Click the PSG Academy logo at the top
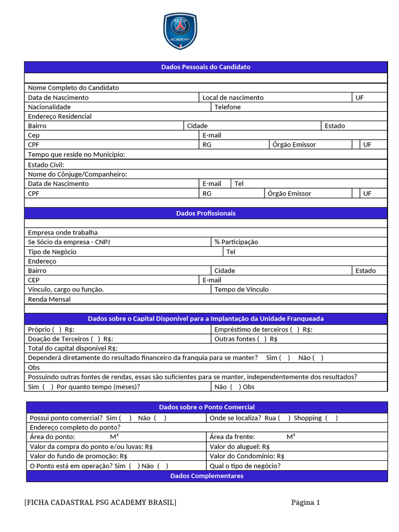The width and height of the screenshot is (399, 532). (180, 31)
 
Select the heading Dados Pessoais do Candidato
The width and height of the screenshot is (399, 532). (206, 67)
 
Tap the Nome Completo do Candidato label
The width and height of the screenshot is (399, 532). (73, 88)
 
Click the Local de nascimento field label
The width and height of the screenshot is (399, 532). (233, 98)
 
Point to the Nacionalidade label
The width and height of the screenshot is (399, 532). (49, 107)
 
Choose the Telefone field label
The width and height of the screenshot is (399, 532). (228, 107)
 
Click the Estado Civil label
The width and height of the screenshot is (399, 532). (46, 165)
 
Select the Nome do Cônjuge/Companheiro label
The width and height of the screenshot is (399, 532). (77, 175)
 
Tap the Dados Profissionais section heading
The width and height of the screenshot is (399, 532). (206, 214)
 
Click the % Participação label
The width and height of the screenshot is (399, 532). (236, 242)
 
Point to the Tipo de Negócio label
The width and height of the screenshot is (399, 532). (52, 252)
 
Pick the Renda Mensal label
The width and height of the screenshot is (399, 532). (49, 299)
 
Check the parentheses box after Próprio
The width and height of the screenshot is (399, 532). (57, 329)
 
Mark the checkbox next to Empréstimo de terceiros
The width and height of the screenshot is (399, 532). (295, 329)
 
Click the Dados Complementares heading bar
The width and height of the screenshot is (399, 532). (206, 476)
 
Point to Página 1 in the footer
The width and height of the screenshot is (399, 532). (305, 502)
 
